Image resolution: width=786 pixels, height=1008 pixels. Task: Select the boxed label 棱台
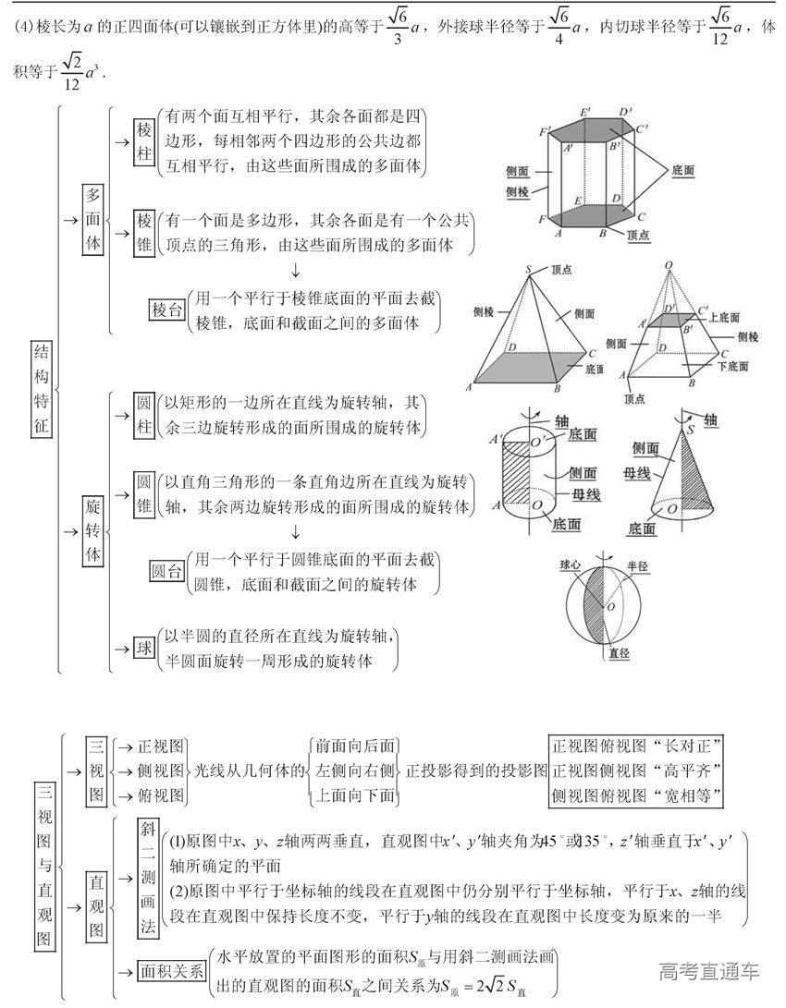pyautogui.click(x=166, y=310)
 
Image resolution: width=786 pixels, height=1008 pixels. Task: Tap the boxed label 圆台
pyautogui.click(x=166, y=572)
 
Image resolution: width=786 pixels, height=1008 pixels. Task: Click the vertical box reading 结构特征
pyautogui.click(x=43, y=392)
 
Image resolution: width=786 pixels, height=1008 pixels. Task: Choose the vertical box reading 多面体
pyautogui.click(x=92, y=219)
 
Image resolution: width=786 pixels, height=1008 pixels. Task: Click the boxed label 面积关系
pyautogui.click(x=169, y=972)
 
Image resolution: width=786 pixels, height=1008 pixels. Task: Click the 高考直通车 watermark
pyautogui.click(x=708, y=971)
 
